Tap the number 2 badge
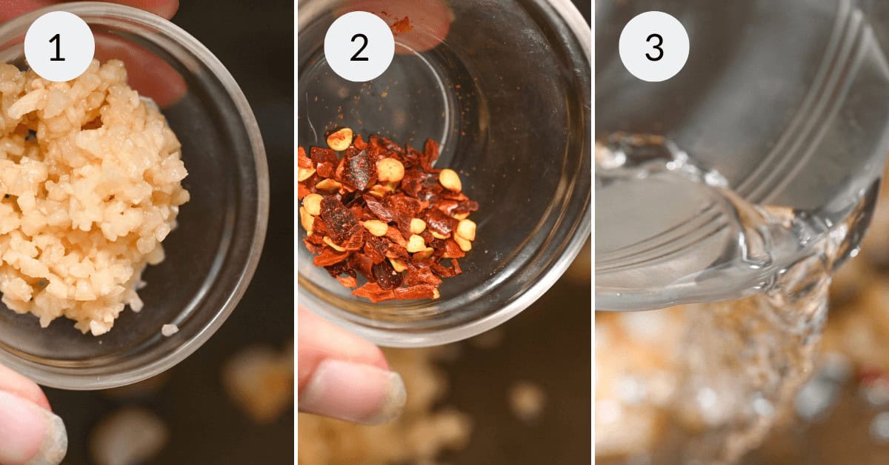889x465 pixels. (359, 46)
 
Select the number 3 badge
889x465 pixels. (653, 46)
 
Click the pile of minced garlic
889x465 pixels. (81, 193)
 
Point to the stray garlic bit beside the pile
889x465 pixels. (170, 329)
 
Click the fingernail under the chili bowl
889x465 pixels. (385, 396)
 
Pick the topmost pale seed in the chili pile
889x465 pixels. (339, 138)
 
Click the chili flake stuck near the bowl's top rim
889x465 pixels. (402, 25)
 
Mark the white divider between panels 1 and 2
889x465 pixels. (296, 232)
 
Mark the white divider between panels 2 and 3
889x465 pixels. (593, 232)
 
